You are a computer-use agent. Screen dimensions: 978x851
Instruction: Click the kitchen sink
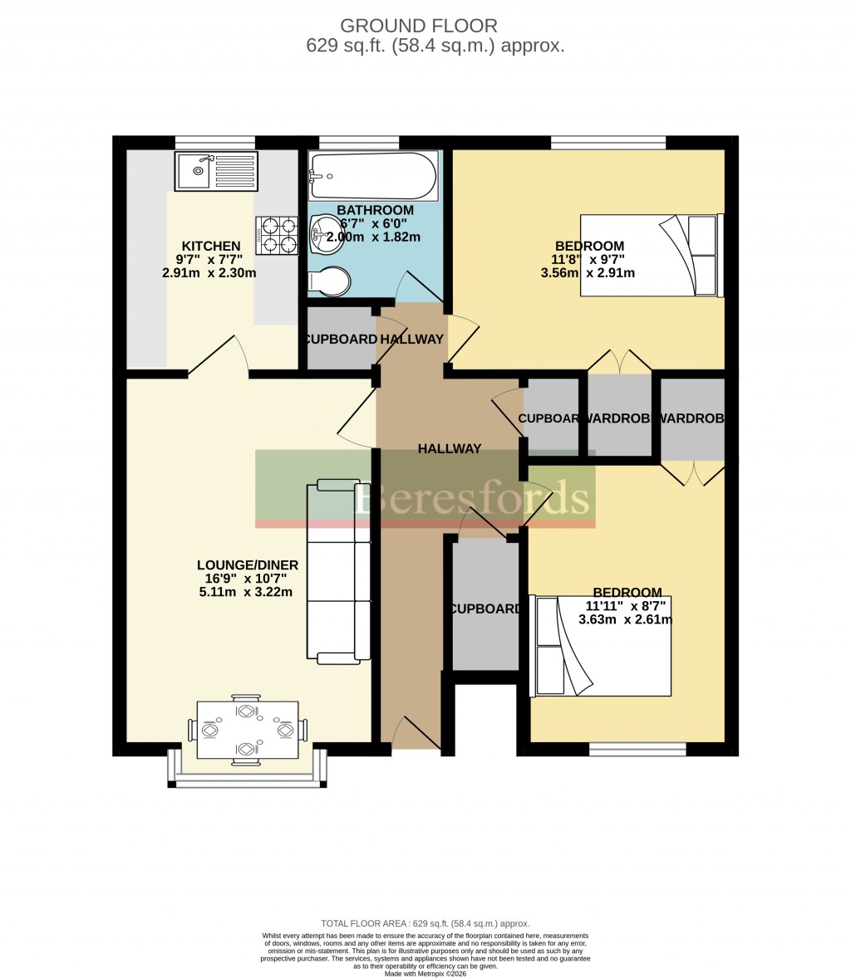(x=216, y=170)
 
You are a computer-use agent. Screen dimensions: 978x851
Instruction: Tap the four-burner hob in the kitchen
(x=277, y=234)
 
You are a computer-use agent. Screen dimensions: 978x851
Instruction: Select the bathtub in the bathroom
(x=372, y=176)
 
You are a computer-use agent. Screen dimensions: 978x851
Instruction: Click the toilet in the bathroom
(x=330, y=281)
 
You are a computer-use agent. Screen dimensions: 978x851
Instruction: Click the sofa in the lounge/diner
(x=338, y=572)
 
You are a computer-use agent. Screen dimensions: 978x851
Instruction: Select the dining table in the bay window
(x=247, y=730)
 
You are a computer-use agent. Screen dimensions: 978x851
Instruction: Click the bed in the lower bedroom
(x=601, y=646)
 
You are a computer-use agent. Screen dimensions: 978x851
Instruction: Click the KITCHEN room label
(x=211, y=247)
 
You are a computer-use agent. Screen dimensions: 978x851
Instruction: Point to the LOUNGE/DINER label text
(x=248, y=565)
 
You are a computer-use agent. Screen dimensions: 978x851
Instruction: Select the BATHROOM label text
(x=375, y=210)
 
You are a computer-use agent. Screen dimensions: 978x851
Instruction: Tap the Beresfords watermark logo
(x=473, y=498)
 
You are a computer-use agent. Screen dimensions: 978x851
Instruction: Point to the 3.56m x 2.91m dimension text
(x=588, y=272)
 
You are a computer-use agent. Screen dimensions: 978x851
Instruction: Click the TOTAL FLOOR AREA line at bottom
(x=425, y=923)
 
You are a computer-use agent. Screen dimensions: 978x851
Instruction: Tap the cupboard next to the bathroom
(x=341, y=339)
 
